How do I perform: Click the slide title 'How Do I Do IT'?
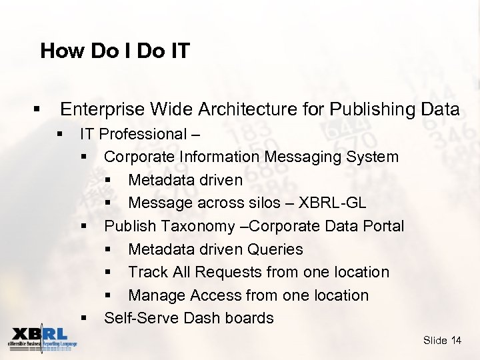click(115, 51)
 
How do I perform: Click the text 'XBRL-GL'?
click(332, 203)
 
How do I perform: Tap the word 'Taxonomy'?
click(203, 226)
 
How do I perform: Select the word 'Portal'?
click(382, 226)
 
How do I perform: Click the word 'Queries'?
click(275, 249)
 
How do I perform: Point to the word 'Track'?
click(148, 272)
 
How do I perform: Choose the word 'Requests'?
click(230, 272)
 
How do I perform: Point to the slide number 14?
click(456, 341)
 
